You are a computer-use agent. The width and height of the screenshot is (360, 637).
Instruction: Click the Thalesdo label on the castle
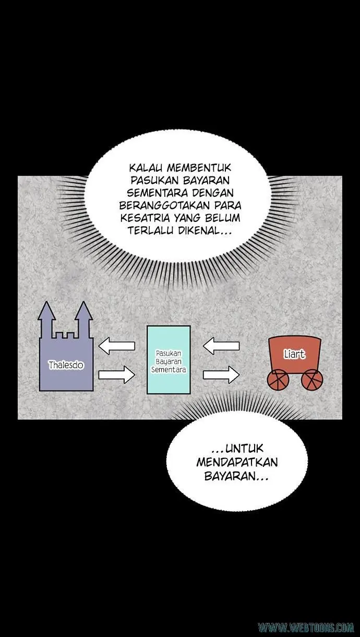pos(66,364)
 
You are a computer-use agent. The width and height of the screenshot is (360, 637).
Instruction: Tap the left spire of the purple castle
pos(47,316)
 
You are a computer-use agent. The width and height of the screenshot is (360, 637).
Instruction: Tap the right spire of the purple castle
pos(84,316)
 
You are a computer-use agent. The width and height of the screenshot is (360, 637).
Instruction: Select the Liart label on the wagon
pos(295,354)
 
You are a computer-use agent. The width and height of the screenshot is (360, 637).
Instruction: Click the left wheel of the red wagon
pos(278,380)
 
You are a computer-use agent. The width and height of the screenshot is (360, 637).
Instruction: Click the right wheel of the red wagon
pos(313,380)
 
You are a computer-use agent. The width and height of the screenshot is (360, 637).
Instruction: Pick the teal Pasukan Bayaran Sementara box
pos(169,360)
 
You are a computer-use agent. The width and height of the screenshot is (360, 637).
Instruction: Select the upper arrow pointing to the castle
pos(116,346)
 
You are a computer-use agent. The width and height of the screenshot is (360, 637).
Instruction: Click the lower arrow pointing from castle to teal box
pos(116,375)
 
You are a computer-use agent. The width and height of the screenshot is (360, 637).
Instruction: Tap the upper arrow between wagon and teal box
pos(221,346)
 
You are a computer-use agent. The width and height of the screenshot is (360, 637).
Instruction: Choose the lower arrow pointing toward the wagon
pos(221,375)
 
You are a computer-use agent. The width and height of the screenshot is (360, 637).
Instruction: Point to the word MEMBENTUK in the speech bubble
pos(199,168)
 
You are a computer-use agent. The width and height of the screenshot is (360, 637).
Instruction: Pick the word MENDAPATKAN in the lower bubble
pos(237,462)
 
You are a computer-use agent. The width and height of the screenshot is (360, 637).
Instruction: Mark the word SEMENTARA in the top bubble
pos(158,193)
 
